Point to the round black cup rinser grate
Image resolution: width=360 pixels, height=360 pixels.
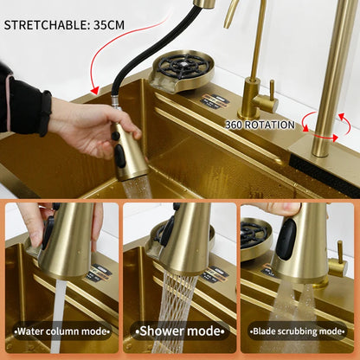[x=183, y=66]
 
